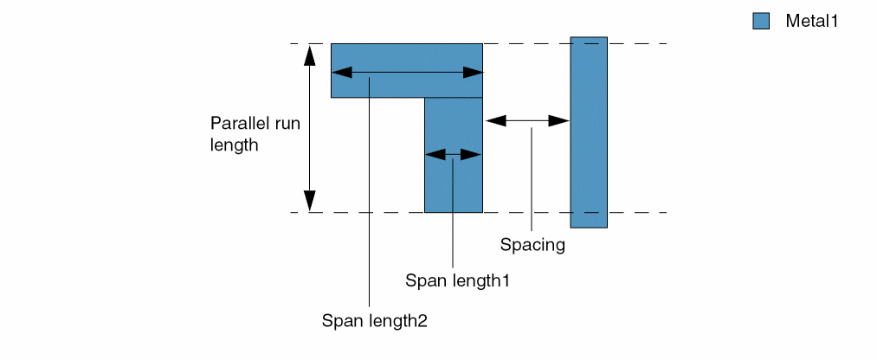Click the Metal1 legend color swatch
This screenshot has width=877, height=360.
pos(761,22)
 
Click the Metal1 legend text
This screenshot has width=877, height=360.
pos(812,22)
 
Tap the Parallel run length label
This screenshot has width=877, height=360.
pos(255,134)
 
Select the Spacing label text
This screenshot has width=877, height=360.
pos(532,245)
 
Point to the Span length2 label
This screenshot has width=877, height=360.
pos(375,320)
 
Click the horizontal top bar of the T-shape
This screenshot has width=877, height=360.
pos(407,57)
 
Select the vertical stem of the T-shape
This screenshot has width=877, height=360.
pos(454,182)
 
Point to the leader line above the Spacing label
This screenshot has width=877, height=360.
pos(532,182)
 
